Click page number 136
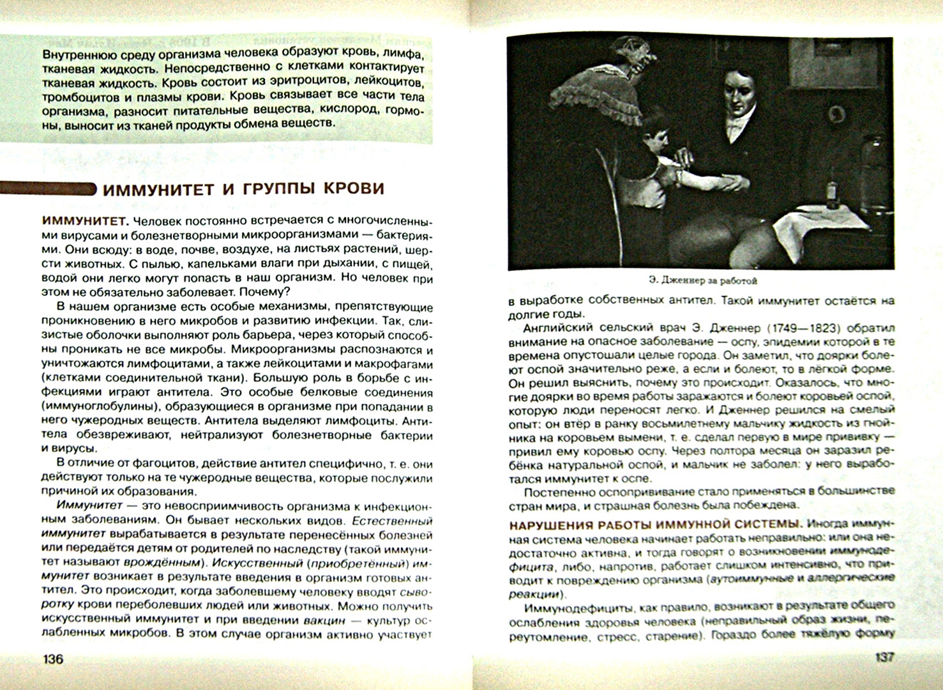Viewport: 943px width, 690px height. (x=53, y=658)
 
